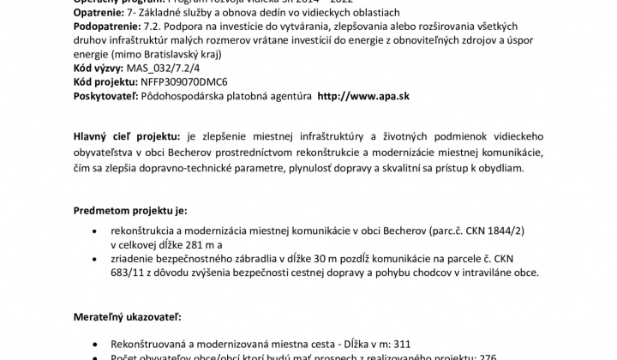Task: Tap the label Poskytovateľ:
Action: click(105, 96)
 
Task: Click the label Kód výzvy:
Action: click(98, 68)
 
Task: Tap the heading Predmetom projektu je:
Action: click(129, 210)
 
